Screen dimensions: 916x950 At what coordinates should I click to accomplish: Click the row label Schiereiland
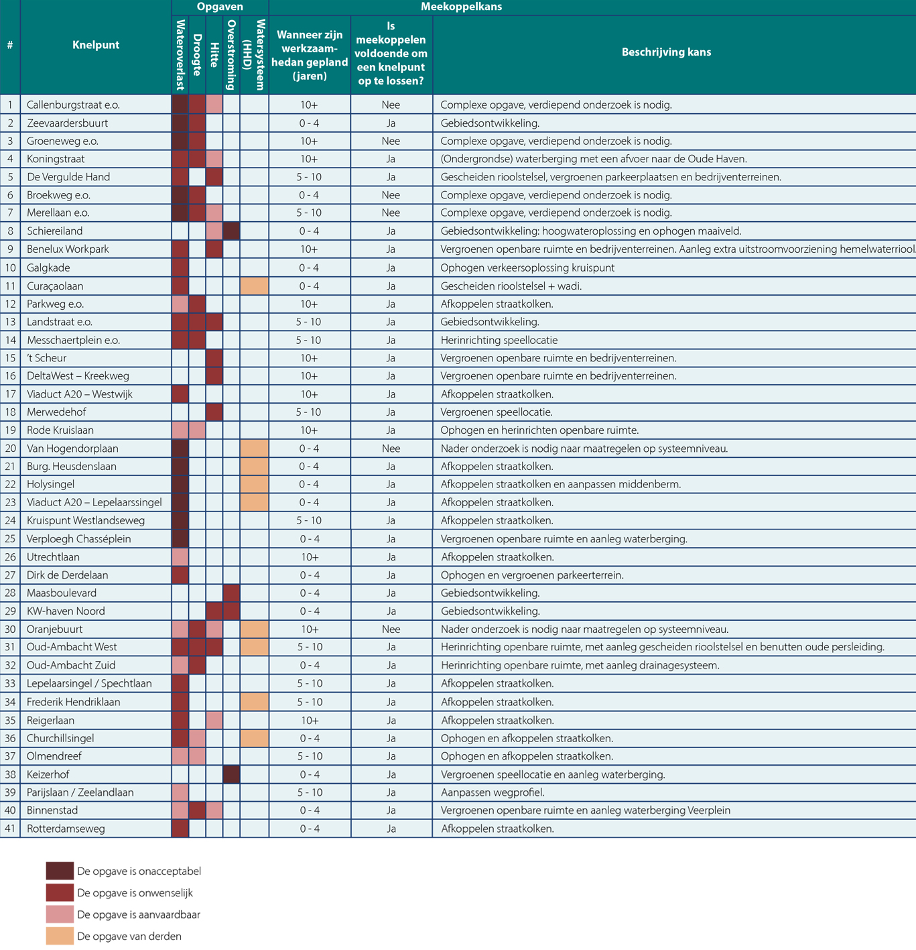pos(55,231)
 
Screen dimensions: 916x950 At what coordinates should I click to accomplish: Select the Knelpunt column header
pos(96,45)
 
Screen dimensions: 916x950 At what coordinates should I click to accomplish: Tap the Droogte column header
pos(197,55)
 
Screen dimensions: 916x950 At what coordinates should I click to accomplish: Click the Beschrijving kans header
pos(666,52)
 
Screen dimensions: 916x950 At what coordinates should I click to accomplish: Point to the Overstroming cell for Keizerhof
pos(231,774)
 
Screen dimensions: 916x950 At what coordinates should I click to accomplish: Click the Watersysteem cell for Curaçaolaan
pos(254,286)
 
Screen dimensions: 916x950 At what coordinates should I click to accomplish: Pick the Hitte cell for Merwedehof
pos(214,412)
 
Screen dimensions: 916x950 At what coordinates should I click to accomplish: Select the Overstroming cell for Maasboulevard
pos(231,593)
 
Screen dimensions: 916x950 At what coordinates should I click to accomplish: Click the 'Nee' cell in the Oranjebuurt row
pos(391,630)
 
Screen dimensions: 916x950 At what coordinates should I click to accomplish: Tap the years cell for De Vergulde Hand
pos(309,177)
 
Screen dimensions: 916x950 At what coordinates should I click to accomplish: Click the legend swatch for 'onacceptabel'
pos(60,871)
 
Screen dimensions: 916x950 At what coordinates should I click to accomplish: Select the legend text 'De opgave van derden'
pos(129,936)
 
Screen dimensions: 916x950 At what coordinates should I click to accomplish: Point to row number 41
pos(10,829)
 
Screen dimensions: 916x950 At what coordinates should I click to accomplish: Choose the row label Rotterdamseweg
pos(66,829)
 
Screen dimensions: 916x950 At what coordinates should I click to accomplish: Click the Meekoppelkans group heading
pos(461,7)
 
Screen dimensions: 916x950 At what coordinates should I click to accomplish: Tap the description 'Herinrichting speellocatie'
pos(499,341)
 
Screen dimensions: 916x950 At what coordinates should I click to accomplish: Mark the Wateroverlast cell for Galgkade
pos(180,268)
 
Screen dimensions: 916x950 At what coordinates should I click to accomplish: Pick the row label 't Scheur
pos(46,358)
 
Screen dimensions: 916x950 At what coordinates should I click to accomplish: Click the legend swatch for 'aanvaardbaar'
pos(60,914)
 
